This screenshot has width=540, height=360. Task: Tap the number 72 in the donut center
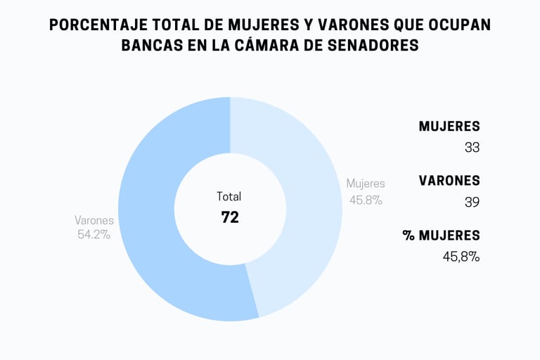[x=230, y=217]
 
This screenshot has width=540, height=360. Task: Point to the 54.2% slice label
[x=94, y=235]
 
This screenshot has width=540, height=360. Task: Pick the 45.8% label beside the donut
[x=366, y=200]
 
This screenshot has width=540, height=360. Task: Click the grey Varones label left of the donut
[x=94, y=220]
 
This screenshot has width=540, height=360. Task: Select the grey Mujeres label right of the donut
[x=366, y=184]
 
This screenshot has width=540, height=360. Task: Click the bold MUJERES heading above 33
[x=449, y=127]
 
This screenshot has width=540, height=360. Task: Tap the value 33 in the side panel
[x=472, y=148]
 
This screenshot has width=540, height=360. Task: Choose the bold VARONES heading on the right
[x=449, y=181]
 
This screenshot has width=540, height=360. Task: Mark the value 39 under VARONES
[x=472, y=202]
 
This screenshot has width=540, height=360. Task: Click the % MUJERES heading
[x=442, y=235]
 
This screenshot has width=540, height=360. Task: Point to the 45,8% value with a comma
[x=461, y=257]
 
